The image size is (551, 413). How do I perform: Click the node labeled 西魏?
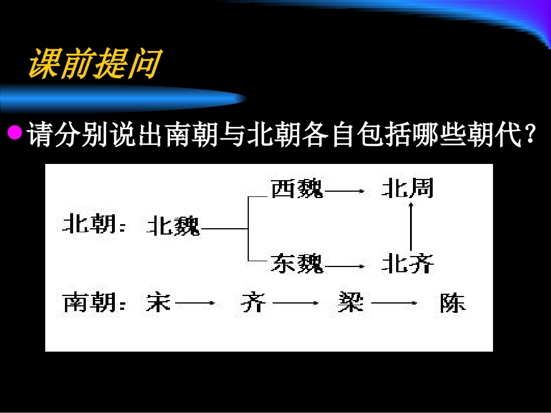pos(296,189)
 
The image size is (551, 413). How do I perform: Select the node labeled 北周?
pos(407,189)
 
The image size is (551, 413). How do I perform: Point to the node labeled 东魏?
pos(296,264)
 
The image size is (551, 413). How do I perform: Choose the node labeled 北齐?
pos(407,264)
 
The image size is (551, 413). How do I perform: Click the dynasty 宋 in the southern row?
pos(157,303)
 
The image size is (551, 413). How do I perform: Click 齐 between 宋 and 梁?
pos(253,303)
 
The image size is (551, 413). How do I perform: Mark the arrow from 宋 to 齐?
pos(195,303)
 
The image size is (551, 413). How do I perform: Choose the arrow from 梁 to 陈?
pos(394,303)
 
